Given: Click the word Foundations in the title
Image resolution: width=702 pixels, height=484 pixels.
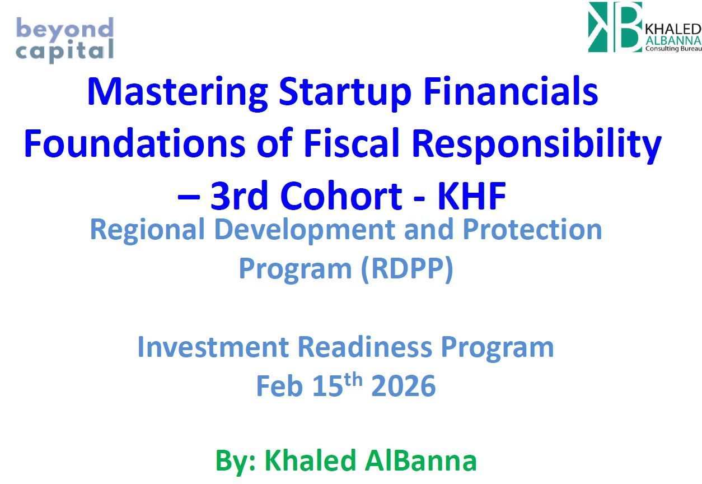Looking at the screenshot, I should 134,144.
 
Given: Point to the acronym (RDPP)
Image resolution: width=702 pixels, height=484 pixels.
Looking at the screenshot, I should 406,269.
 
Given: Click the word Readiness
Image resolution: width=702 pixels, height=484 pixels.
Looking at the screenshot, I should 364,347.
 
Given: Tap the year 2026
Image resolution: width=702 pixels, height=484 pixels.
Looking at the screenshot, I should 403,387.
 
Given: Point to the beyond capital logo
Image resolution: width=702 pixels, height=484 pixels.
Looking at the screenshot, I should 65,39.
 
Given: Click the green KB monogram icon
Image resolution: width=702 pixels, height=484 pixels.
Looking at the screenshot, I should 615,27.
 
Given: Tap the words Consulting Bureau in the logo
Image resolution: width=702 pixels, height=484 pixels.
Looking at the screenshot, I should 673,49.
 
